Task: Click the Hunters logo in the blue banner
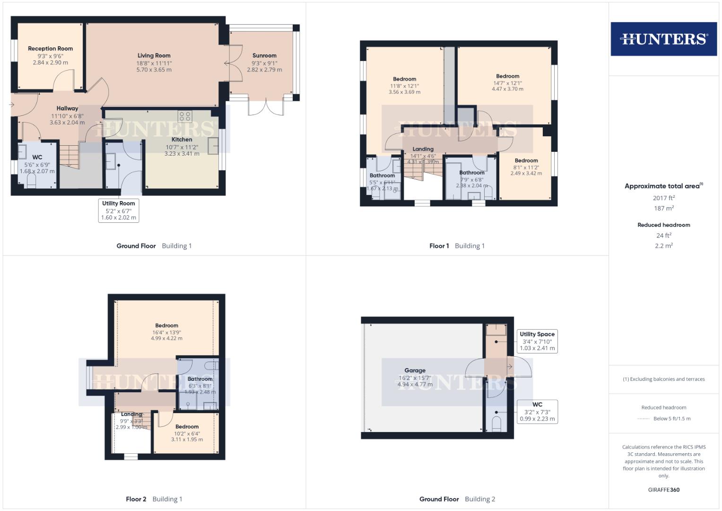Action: (663, 39)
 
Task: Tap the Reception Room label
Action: (50, 48)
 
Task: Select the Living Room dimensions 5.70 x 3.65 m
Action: (154, 70)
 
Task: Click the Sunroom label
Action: (264, 55)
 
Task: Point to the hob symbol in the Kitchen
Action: (184, 116)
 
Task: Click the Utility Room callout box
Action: (118, 211)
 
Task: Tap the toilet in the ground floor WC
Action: (31, 181)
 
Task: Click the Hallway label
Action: (67, 108)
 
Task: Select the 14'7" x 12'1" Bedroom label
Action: (507, 76)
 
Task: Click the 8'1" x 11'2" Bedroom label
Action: (526, 160)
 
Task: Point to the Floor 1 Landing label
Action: (423, 149)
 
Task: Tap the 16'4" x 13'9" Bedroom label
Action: (166, 326)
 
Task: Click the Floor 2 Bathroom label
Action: (200, 379)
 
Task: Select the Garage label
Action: (415, 370)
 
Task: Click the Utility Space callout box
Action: (537, 341)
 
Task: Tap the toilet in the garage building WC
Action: (496, 422)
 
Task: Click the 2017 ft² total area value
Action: (663, 198)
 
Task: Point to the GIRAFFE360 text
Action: (663, 490)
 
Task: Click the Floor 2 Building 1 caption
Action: (154, 499)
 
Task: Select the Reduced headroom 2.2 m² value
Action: (663, 246)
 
